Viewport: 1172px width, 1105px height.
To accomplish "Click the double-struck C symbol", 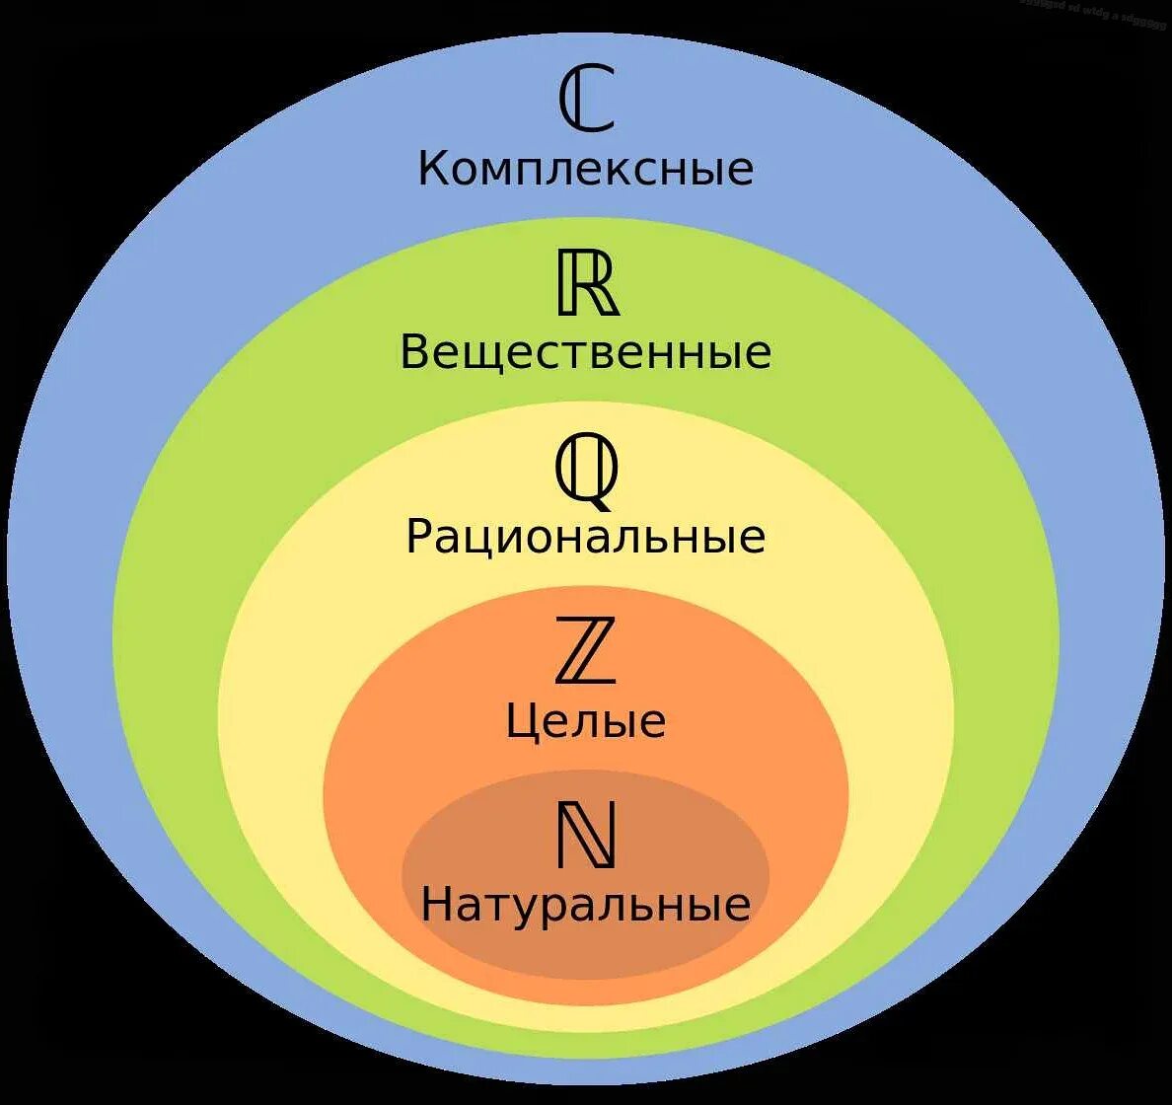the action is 586,99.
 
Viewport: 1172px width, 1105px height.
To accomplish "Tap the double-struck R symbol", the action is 588,283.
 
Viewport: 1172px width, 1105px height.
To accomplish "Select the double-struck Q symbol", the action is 587,472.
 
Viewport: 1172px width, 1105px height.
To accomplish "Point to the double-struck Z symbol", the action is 585,650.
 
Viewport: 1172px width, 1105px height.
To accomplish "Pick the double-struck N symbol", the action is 586,835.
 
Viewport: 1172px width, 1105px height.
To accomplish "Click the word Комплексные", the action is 585,169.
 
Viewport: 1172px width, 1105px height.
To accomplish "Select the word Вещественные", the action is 585,352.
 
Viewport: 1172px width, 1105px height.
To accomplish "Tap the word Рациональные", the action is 585,538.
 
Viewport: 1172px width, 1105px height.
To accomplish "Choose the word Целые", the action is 586,721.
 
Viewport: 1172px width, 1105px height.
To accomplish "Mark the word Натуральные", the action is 585,905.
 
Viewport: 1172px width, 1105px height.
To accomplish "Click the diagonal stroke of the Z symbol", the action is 586,650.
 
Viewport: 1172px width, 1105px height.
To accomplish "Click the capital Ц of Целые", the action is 524,722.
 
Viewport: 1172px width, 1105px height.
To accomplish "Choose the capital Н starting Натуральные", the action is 437,904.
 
